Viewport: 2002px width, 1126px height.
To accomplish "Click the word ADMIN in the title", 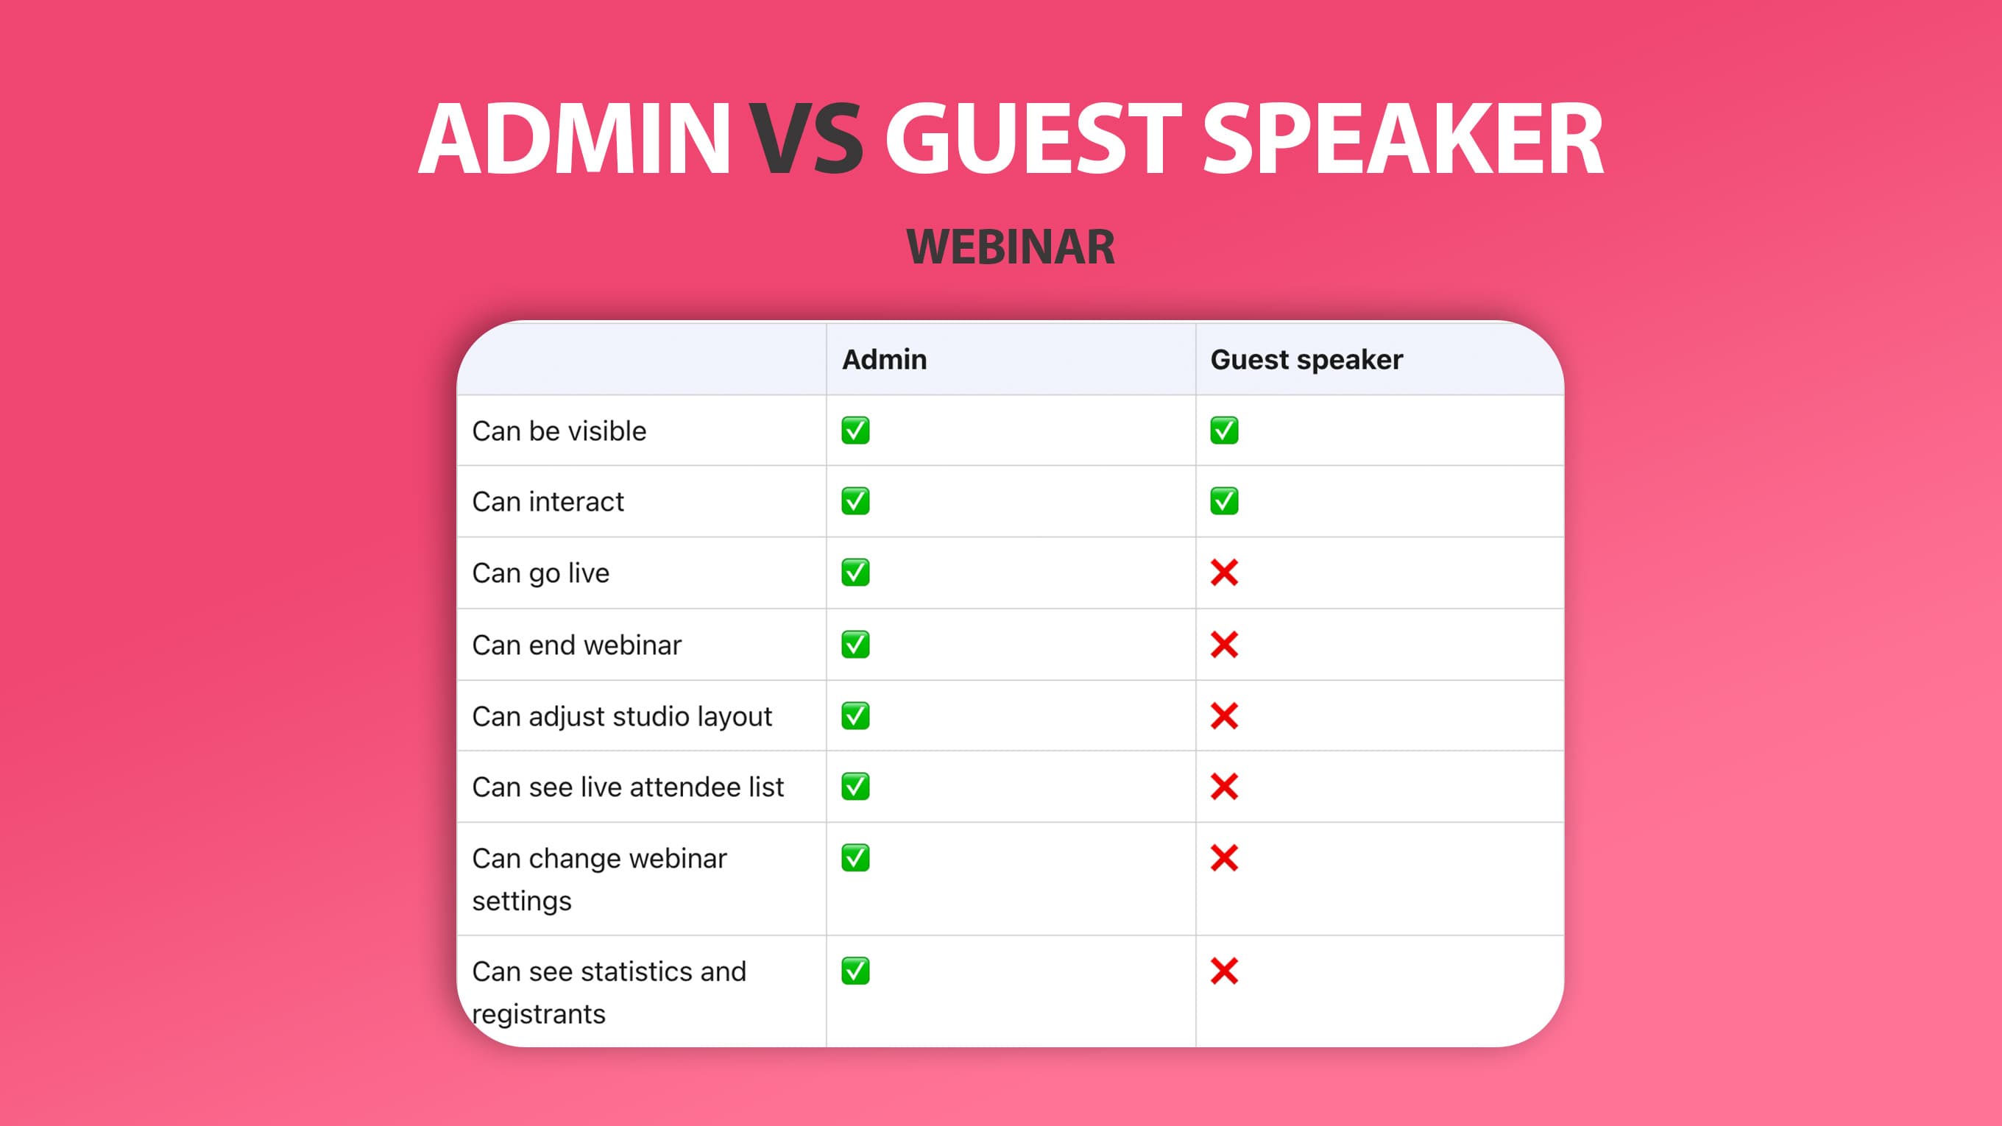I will (x=574, y=140).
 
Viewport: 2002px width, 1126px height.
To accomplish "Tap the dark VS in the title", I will (x=806, y=140).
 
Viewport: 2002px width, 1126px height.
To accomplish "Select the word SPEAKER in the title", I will (x=1402, y=140).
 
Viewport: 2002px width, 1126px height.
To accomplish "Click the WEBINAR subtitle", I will (x=1011, y=247).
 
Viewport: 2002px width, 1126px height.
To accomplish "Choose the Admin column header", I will (x=885, y=360).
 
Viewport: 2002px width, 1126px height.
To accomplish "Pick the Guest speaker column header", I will (x=1306, y=360).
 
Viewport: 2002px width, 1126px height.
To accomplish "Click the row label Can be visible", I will (x=559, y=431).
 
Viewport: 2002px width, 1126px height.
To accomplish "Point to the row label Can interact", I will (x=548, y=502).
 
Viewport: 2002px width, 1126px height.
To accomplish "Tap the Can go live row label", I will (x=541, y=573).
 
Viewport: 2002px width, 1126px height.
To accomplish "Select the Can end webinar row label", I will (x=576, y=645).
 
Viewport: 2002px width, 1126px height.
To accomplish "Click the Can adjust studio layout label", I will (x=622, y=717).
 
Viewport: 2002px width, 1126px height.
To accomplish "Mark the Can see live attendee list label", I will (x=628, y=787).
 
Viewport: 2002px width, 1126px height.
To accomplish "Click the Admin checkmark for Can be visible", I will (x=855, y=431).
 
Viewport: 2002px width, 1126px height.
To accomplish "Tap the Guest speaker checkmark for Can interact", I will (x=1224, y=501).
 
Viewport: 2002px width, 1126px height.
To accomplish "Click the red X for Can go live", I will (x=1224, y=573).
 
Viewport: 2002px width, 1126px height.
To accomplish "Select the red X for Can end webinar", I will (x=1224, y=644).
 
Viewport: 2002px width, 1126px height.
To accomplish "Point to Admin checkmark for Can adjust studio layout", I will (x=855, y=715).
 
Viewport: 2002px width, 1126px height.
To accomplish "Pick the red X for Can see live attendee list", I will (x=1224, y=787).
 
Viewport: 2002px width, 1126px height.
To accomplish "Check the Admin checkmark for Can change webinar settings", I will (x=855, y=858).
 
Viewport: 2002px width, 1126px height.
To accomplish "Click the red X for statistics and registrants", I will (x=1224, y=971).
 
